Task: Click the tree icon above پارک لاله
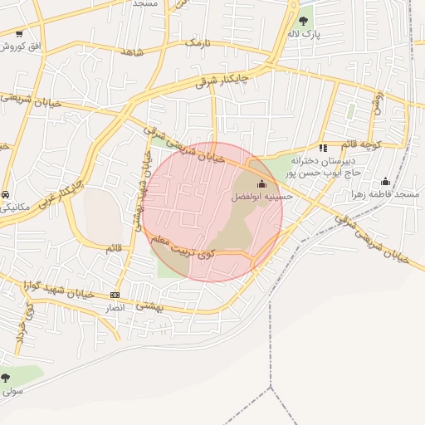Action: click(x=303, y=20)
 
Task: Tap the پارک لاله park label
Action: click(x=303, y=34)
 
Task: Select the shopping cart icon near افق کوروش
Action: click(x=18, y=34)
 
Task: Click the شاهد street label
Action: click(x=132, y=51)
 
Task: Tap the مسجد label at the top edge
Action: click(x=145, y=3)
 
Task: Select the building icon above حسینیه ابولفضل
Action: click(x=262, y=184)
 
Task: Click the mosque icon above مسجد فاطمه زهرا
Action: click(x=385, y=181)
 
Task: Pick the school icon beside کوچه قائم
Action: click(x=323, y=148)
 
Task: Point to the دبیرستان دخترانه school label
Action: click(x=327, y=159)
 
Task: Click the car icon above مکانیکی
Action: click(x=7, y=193)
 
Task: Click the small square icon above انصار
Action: click(x=115, y=295)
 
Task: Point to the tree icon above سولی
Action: click(x=6, y=378)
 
